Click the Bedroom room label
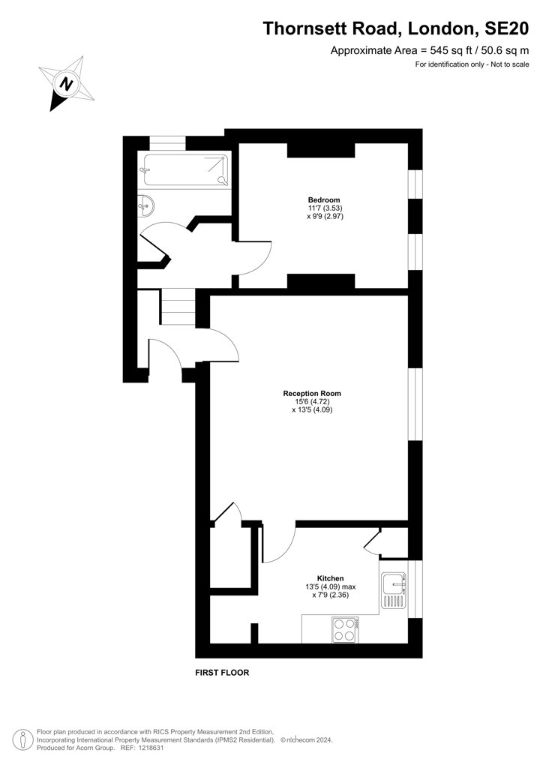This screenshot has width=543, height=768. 324,199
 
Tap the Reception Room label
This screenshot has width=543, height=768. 312,393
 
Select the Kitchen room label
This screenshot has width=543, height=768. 331,578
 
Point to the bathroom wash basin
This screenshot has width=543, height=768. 147,204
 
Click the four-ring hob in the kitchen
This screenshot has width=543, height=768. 344,630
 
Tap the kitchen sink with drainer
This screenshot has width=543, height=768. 394,590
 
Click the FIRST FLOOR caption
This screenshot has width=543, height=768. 222,673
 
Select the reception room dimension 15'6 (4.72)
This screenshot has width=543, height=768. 312,402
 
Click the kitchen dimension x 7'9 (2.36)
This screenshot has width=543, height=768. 331,595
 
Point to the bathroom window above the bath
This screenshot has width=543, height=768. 167,142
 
